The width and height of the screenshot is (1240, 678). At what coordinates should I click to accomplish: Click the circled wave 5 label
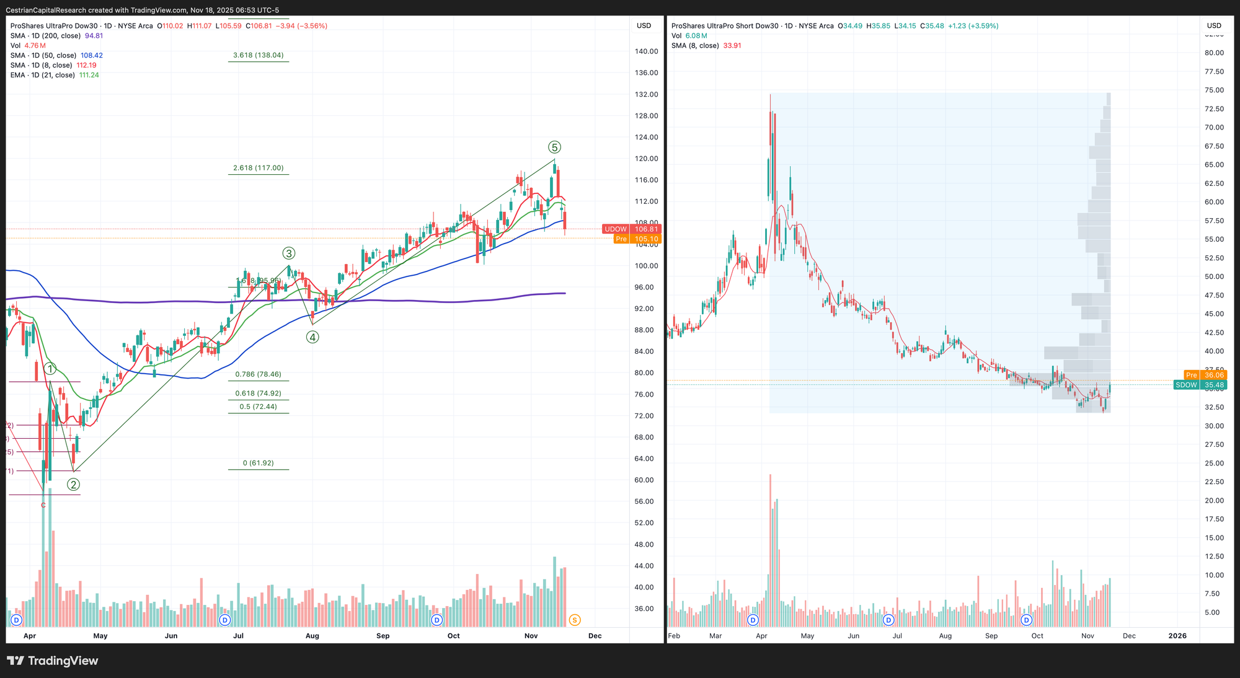[x=554, y=147]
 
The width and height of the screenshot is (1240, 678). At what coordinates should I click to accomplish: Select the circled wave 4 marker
[x=312, y=337]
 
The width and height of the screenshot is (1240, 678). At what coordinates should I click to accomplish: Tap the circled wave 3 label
[x=288, y=253]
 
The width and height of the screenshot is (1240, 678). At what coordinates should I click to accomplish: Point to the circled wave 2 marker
[x=73, y=485]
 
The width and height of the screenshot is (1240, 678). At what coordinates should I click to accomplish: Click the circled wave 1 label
[x=50, y=369]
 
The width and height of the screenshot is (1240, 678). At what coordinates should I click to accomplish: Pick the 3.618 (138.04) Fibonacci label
[x=258, y=55]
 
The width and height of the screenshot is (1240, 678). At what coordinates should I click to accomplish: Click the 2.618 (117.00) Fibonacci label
[x=258, y=168]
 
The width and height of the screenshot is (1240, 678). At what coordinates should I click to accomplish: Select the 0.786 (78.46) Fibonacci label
[x=258, y=374]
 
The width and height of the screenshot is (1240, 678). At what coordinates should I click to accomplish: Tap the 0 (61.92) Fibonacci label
[x=258, y=463]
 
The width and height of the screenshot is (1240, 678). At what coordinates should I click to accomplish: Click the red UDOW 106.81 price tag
[x=632, y=229]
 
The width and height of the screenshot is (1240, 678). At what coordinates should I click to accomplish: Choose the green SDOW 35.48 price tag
[x=1200, y=385]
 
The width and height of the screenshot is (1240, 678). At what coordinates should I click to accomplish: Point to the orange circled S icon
[x=574, y=620]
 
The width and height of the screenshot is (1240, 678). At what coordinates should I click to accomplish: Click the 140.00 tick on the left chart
[x=647, y=51]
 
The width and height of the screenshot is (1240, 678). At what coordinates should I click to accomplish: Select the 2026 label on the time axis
[x=1177, y=636]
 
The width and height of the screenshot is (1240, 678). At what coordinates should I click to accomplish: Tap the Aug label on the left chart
[x=312, y=636]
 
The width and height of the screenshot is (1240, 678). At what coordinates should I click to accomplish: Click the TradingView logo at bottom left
[x=53, y=661]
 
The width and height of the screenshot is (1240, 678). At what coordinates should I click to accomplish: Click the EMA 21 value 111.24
[x=89, y=75]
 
